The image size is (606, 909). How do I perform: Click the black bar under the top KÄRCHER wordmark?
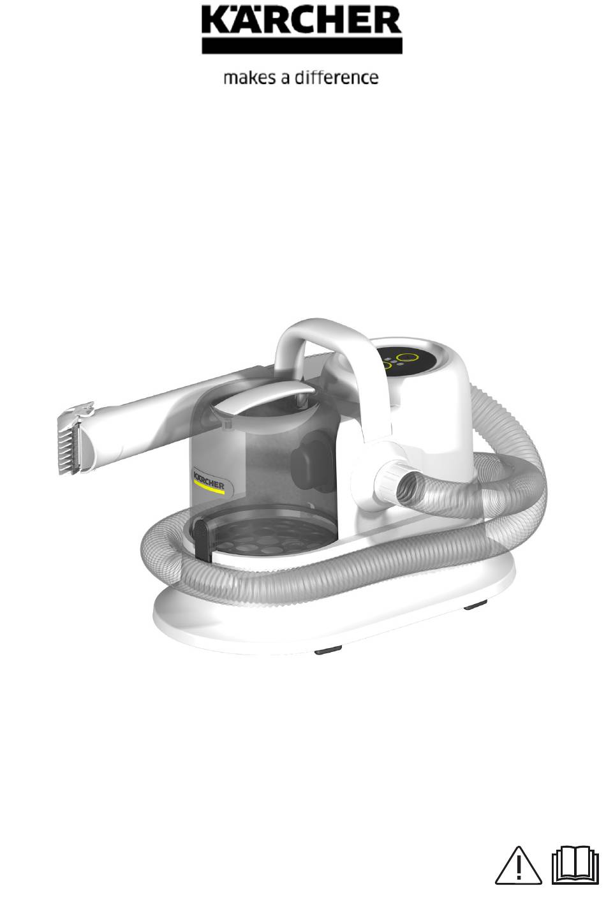tap(302, 46)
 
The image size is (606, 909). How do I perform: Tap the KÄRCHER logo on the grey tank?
tap(209, 482)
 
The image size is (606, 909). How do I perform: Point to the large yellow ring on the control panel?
tap(407, 358)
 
